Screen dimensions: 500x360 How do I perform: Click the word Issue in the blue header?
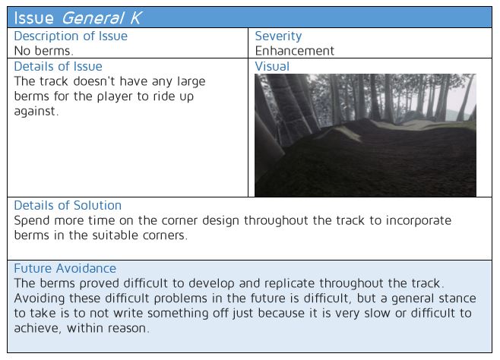(33, 17)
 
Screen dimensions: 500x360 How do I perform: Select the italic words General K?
(101, 17)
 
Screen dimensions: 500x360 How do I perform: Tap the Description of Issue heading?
(71, 36)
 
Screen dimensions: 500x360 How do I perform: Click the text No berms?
(43, 51)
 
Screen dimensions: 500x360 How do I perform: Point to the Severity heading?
(278, 36)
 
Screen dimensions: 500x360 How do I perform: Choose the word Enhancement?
(295, 51)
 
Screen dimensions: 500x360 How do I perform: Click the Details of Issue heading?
(58, 66)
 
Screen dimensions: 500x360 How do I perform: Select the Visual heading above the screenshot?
(272, 66)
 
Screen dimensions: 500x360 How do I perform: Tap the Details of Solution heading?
(68, 205)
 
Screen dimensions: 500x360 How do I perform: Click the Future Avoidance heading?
(65, 268)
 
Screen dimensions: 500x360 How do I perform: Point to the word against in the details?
(36, 112)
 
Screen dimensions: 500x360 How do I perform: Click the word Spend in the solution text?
(32, 221)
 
